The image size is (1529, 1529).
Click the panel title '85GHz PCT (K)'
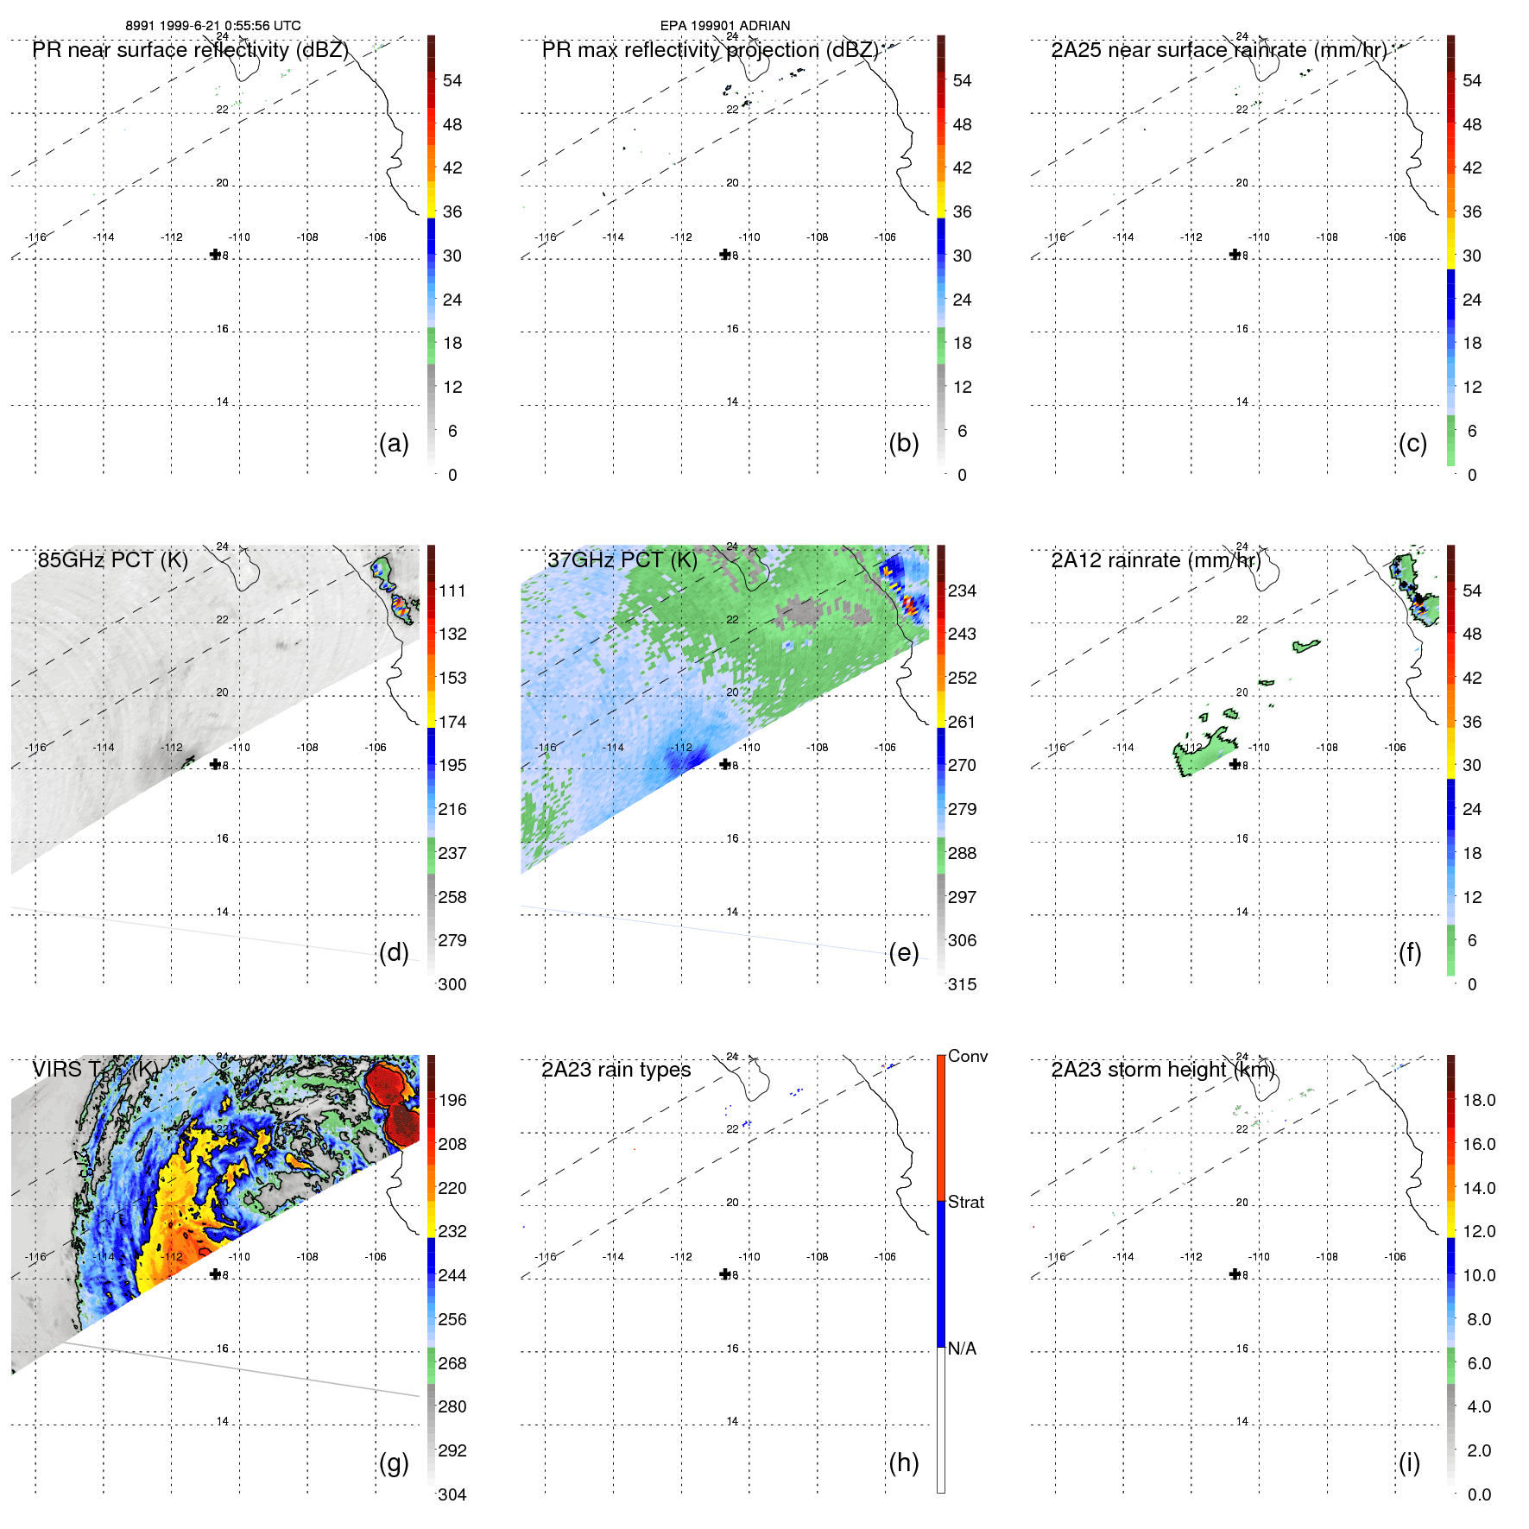(x=112, y=560)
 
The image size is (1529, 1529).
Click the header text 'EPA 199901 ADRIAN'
(x=724, y=26)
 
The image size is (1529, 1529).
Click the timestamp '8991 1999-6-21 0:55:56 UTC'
(x=212, y=26)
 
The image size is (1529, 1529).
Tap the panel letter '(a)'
(x=394, y=443)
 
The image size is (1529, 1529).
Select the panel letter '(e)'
(x=903, y=952)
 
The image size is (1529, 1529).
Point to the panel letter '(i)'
(x=1409, y=1463)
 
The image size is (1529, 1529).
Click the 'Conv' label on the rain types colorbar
(x=967, y=1056)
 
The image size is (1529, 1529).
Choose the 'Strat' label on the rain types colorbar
(x=965, y=1202)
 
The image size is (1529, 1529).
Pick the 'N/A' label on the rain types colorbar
(x=962, y=1349)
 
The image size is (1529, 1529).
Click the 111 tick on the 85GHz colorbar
(x=452, y=591)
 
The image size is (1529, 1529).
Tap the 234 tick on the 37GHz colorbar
(x=962, y=591)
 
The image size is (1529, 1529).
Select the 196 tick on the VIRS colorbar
(x=452, y=1100)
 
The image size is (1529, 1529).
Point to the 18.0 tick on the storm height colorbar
(x=1479, y=1100)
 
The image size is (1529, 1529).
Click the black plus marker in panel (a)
(x=215, y=254)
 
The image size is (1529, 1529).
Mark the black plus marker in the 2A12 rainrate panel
(x=1235, y=764)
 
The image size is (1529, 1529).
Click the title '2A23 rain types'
(x=616, y=1070)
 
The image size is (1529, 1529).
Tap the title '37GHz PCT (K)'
(x=622, y=560)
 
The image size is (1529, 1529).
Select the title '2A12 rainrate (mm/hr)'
(x=1155, y=560)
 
